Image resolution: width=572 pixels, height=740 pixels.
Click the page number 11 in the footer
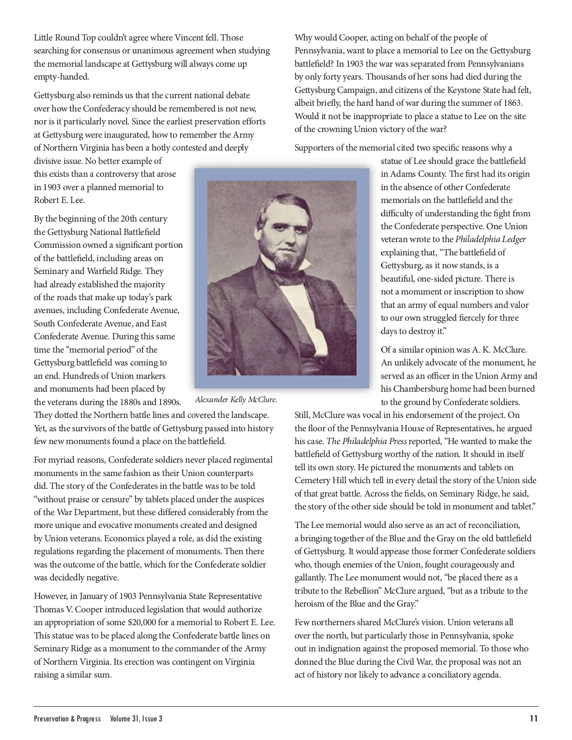point(533,719)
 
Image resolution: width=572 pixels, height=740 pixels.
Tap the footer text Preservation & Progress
point(67,719)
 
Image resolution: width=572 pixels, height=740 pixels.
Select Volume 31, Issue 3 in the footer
point(136,719)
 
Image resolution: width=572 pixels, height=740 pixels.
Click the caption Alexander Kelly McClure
point(236,400)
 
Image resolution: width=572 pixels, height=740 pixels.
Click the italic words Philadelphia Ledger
point(490,239)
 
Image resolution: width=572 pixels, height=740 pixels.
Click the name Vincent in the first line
point(189,38)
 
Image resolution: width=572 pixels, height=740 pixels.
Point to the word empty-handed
point(61,77)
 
